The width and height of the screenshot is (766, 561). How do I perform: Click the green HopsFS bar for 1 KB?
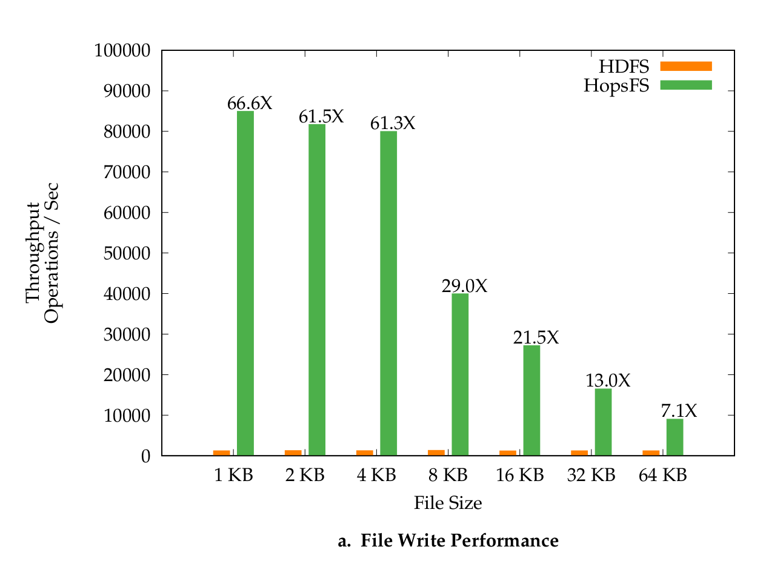[245, 283]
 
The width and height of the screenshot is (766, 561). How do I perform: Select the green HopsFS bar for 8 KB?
[460, 374]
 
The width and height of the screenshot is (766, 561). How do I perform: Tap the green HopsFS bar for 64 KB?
[674, 437]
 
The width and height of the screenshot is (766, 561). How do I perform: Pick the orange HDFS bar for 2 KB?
[293, 453]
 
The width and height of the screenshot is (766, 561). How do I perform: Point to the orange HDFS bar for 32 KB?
[579, 453]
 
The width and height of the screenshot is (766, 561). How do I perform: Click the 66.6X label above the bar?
[250, 104]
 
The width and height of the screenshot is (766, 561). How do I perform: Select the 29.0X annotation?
[464, 286]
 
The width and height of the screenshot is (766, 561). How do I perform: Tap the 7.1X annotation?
[679, 411]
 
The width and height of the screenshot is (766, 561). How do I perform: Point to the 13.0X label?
[608, 380]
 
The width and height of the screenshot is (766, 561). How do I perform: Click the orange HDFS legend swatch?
[685, 65]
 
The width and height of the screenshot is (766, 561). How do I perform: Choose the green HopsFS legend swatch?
[685, 85]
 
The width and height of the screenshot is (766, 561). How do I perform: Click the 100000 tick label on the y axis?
[122, 50]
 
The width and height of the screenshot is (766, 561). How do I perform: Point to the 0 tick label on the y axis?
[145, 456]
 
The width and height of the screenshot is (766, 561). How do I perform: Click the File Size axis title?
[448, 503]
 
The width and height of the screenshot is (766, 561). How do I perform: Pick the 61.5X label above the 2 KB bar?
[321, 116]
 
